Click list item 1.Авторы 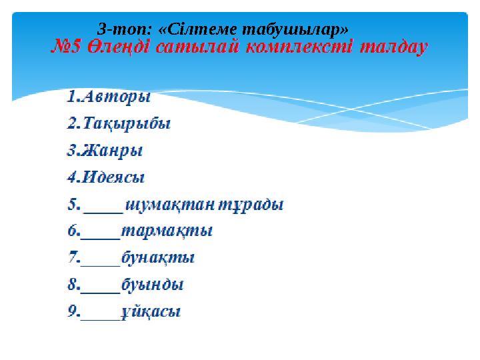(108, 97)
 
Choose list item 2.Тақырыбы (119, 123)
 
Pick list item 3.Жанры (105, 151)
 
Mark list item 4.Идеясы (106, 177)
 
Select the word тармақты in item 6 (167, 231)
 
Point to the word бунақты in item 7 (158, 258)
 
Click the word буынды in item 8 (153, 285)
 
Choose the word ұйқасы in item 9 (151, 312)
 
